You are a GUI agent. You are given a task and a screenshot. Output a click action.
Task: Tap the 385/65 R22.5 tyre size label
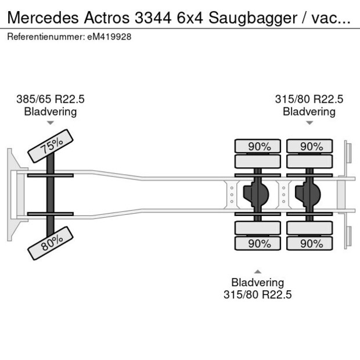[x=51, y=99]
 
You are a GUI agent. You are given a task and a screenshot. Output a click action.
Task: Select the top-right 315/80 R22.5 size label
[x=309, y=99]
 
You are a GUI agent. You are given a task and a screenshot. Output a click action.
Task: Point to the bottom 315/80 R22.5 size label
[x=257, y=294]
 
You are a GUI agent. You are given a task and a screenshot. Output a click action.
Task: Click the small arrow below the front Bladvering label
[x=51, y=123]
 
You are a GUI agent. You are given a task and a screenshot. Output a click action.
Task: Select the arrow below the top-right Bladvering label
[x=309, y=123]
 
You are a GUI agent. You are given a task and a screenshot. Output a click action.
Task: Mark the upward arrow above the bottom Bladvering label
[x=257, y=271]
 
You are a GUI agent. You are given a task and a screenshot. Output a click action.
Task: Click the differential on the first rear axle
[x=256, y=195]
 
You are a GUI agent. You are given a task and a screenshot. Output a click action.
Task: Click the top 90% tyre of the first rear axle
[x=257, y=146]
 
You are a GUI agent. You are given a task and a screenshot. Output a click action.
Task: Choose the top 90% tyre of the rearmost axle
[x=309, y=146]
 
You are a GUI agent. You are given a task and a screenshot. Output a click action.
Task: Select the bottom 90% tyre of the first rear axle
[x=257, y=243]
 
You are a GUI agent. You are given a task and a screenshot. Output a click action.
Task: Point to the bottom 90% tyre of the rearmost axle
[x=309, y=243]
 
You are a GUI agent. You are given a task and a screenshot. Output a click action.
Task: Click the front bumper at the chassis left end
[x=11, y=194]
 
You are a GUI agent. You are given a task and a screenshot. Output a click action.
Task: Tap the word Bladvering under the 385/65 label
[x=51, y=111]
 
